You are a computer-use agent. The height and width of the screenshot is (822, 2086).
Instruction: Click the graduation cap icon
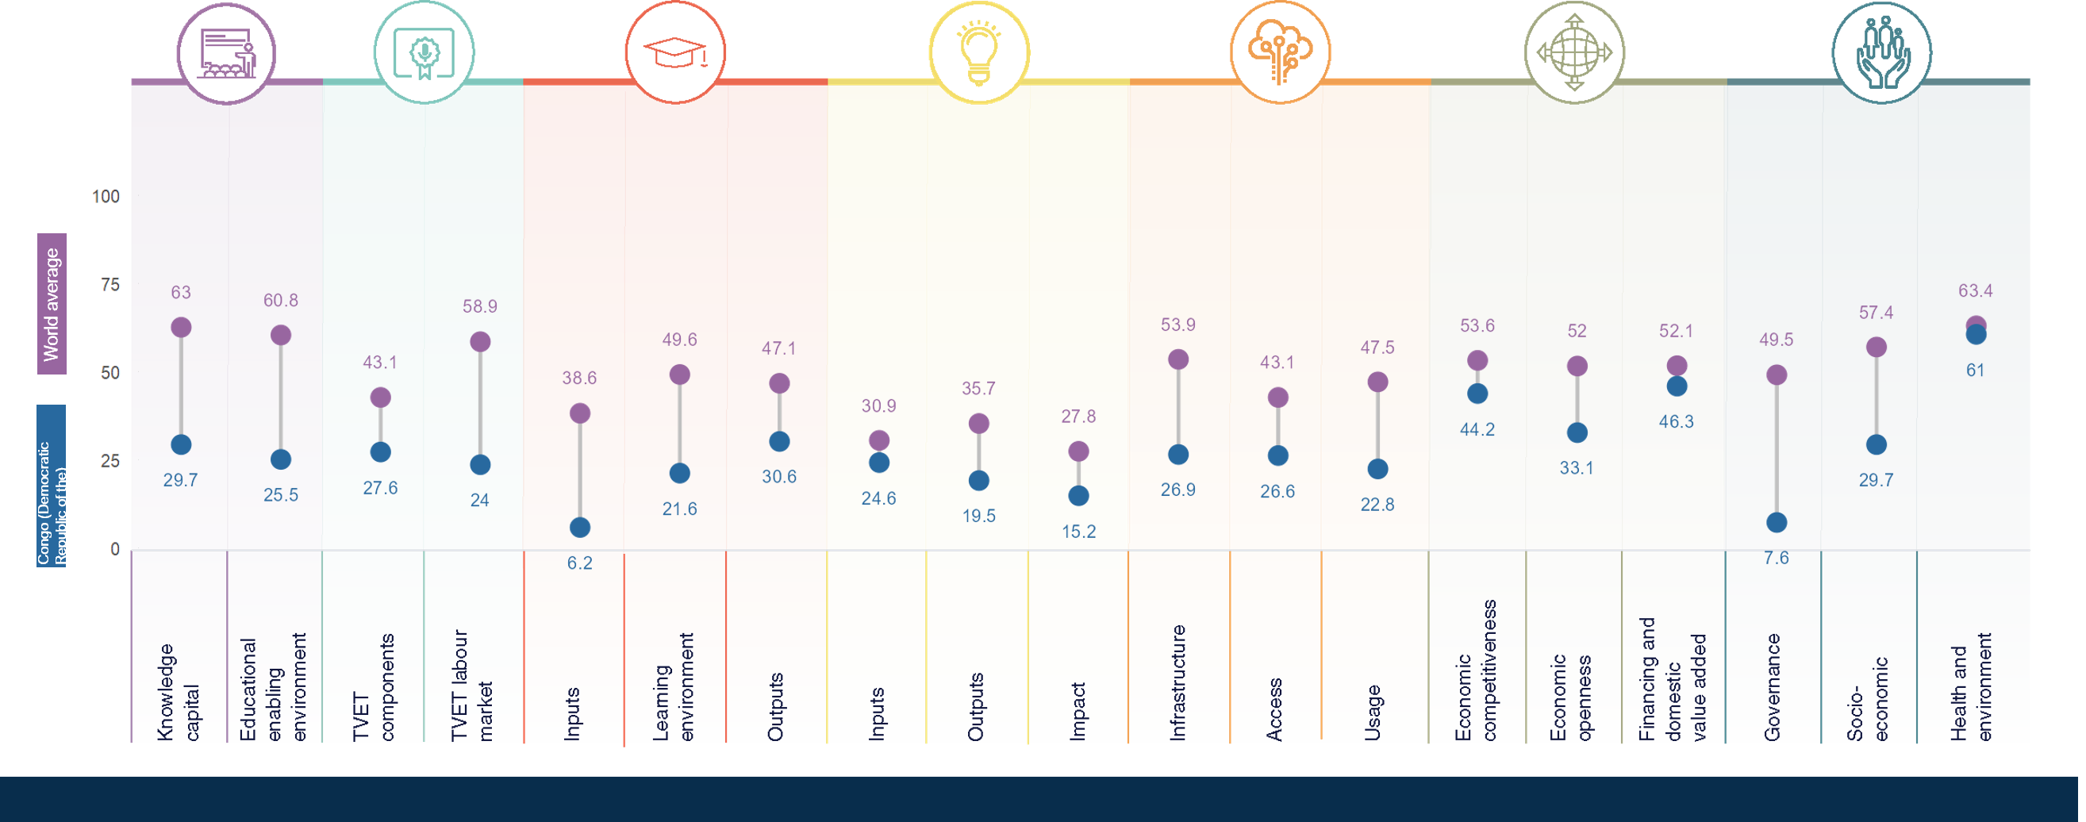point(674,52)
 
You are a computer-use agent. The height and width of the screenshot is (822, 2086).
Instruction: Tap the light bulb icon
point(978,52)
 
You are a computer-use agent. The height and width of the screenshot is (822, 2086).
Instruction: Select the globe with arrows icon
point(1574,52)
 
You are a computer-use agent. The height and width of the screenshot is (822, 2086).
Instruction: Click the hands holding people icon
point(1881,52)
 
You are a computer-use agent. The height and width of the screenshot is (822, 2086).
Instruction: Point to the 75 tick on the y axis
point(110,284)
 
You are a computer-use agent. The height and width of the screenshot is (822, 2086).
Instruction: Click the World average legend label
point(52,304)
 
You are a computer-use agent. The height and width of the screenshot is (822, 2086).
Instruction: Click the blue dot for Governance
point(1776,522)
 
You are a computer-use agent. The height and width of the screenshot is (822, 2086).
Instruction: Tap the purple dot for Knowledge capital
point(181,327)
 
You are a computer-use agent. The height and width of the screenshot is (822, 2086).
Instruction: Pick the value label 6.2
point(580,563)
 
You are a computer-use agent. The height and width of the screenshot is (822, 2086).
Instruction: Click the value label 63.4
point(1975,290)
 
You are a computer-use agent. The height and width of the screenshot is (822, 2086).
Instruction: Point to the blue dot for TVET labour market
point(480,465)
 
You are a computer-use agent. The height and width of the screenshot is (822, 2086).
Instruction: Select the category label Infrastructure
point(1177,682)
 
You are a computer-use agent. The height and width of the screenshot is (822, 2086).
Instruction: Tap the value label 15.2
point(1078,532)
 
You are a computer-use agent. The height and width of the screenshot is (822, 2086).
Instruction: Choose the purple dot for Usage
point(1377,382)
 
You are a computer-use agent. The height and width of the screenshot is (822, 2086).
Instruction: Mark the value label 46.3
point(1677,422)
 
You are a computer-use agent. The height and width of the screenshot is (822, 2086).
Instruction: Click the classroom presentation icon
point(227,52)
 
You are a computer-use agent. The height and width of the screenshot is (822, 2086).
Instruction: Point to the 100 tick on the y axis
point(106,196)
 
